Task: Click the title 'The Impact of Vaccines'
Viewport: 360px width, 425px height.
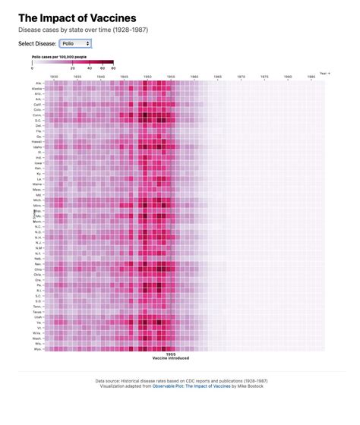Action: [77, 17]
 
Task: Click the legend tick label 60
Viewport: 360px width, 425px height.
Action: [113, 68]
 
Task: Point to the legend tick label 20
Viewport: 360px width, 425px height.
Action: [73, 68]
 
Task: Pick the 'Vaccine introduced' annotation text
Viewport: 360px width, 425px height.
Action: [171, 357]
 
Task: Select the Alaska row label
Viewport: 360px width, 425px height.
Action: [37, 89]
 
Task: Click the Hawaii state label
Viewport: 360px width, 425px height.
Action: [36, 141]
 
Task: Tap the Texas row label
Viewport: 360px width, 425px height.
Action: [37, 310]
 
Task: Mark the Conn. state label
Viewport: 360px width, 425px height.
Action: [37, 115]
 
